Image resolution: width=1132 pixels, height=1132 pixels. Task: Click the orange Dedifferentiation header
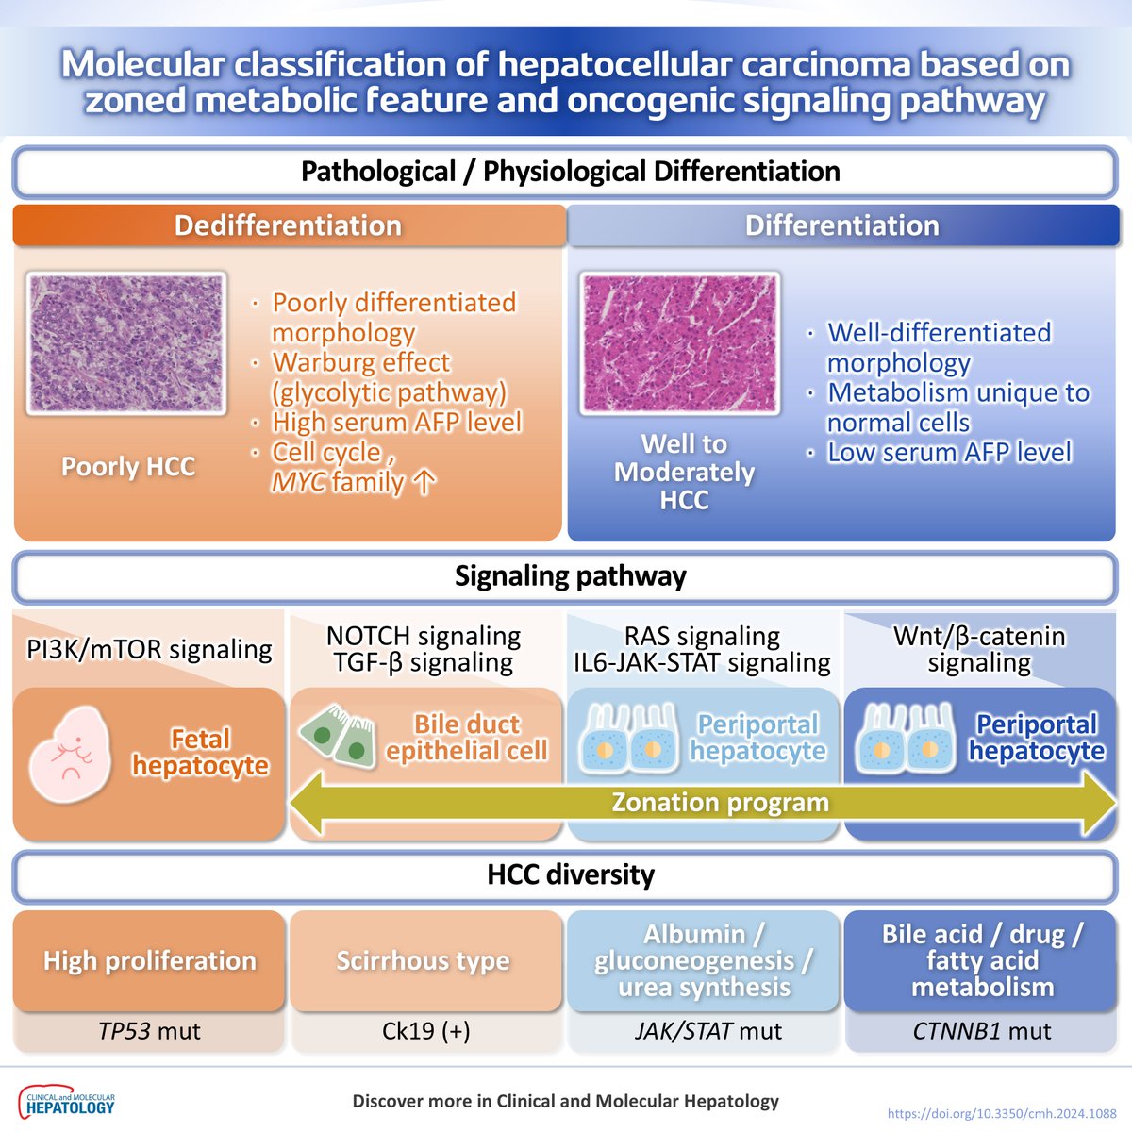coord(289,226)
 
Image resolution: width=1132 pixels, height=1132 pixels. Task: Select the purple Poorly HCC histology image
coord(126,343)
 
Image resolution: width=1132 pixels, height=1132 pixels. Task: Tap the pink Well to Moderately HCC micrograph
coord(680,343)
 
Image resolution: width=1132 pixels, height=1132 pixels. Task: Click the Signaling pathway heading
coord(570,576)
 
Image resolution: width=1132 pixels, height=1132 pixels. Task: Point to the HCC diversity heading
coord(570,874)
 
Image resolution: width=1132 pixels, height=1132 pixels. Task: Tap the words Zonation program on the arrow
coord(720,803)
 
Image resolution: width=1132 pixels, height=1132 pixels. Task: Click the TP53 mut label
coord(149,1031)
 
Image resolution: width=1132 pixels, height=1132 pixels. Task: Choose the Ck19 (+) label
coord(425,1031)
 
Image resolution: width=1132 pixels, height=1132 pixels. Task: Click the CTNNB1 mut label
coord(981,1031)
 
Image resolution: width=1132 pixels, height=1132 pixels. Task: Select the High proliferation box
coord(149,960)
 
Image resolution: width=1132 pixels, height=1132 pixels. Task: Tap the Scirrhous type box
coord(423,960)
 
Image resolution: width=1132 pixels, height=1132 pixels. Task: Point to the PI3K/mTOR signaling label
coord(149,649)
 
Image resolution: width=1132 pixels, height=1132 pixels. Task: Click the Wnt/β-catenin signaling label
coord(979,649)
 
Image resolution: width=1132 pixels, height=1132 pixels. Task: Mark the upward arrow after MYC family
coord(424,483)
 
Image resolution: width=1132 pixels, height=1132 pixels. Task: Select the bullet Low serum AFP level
coord(948,453)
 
